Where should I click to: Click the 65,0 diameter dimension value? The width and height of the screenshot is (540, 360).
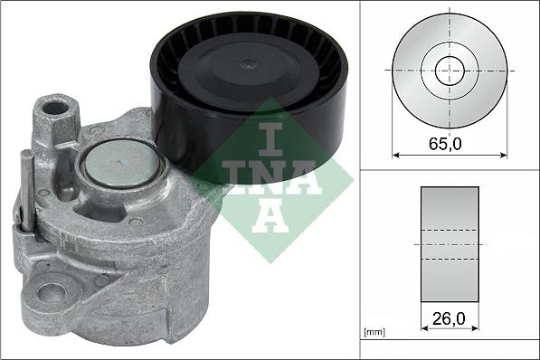coord(449,143)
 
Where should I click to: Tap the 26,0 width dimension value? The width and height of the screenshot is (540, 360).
coord(449,319)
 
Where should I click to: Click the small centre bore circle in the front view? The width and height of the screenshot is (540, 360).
coord(449,70)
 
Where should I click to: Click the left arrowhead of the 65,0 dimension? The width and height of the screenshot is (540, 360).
coord(396,155)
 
